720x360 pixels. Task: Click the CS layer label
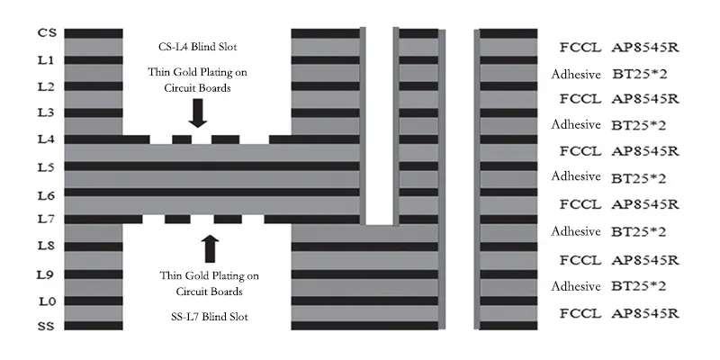click(47, 32)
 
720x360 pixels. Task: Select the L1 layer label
click(47, 59)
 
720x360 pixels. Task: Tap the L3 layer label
click(47, 112)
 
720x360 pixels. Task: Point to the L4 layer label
click(47, 139)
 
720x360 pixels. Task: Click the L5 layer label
click(47, 167)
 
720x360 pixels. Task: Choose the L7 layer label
click(47, 219)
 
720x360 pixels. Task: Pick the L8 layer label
click(47, 246)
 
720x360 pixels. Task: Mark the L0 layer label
click(47, 301)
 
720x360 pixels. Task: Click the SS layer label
click(47, 326)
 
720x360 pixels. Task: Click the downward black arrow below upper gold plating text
click(198, 112)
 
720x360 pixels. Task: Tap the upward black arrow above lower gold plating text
click(210, 247)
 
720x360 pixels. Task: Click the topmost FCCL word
click(576, 45)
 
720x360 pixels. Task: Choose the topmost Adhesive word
click(576, 73)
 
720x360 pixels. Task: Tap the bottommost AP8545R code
click(644, 313)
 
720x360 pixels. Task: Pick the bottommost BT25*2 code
click(638, 286)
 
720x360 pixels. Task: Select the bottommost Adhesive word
click(576, 286)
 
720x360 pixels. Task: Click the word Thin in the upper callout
click(163, 71)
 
